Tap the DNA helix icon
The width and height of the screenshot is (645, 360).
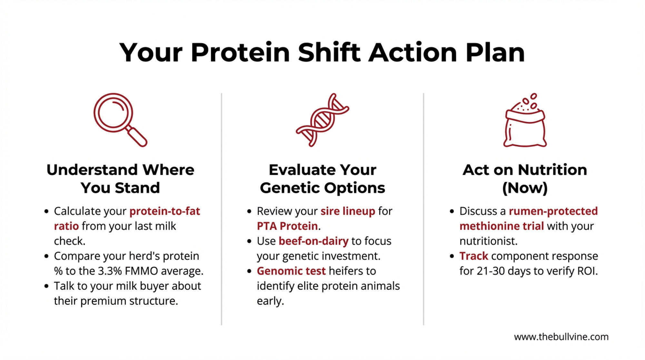322,120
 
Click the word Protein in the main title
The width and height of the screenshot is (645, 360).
240,53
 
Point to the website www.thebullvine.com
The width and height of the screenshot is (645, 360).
561,337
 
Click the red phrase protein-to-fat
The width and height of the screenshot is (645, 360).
165,211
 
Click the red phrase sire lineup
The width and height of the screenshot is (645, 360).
348,211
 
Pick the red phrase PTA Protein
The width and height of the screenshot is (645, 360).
287,226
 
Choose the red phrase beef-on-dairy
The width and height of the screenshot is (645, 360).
313,241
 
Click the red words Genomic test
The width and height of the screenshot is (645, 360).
291,271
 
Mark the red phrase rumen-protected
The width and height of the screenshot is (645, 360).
553,211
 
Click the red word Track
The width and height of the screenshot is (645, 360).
474,256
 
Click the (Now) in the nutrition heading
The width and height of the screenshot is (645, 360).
525,188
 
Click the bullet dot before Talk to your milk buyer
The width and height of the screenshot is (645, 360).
46,286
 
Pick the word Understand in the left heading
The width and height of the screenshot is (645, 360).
92,170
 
